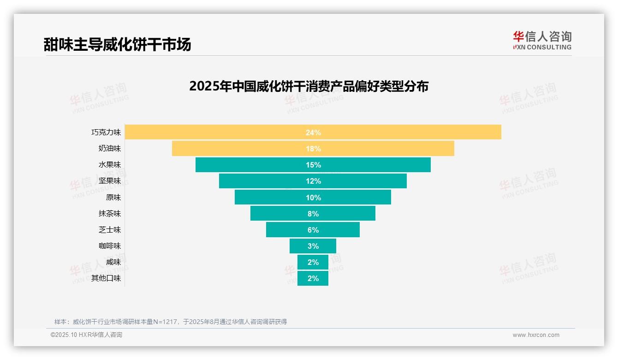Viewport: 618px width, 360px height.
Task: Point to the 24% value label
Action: point(313,132)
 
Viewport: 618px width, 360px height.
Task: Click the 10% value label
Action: point(313,198)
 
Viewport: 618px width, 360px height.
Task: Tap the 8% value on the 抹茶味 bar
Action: point(313,214)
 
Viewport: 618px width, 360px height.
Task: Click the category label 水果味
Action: point(110,165)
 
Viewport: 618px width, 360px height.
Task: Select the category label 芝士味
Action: point(110,230)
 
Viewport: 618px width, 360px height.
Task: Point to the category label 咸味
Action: point(113,262)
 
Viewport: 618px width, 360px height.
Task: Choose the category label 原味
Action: point(113,198)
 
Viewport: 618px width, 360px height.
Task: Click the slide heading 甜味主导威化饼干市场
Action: point(117,45)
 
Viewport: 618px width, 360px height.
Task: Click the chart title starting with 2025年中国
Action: point(309,86)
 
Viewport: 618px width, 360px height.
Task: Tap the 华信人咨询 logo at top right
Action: point(542,40)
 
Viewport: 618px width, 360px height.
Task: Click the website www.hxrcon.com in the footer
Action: point(536,335)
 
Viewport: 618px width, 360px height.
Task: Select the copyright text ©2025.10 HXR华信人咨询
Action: point(87,335)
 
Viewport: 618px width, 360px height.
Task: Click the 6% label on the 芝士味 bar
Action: point(313,230)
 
